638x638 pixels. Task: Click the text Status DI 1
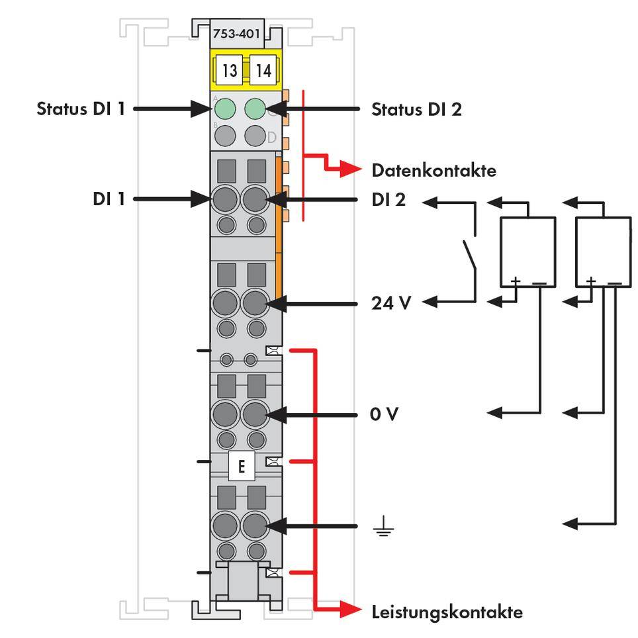(x=80, y=109)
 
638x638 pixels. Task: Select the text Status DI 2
(x=416, y=109)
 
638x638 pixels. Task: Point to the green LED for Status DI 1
(x=226, y=108)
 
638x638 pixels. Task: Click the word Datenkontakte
(x=433, y=171)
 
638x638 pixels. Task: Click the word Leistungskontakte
(x=447, y=612)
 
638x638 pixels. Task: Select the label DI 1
(x=109, y=199)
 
